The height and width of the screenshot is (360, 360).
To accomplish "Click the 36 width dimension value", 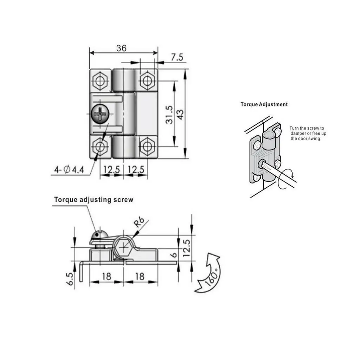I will [x=121, y=48].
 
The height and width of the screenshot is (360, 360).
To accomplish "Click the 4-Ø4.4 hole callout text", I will [x=69, y=170].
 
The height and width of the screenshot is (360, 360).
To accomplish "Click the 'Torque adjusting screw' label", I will [x=94, y=200].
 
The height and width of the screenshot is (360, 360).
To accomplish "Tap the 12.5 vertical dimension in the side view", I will [x=187, y=248].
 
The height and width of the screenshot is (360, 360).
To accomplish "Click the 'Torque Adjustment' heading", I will [x=264, y=104].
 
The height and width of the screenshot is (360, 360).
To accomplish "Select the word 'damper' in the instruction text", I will [x=298, y=134].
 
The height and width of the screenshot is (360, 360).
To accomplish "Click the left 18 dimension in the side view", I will [x=106, y=276].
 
